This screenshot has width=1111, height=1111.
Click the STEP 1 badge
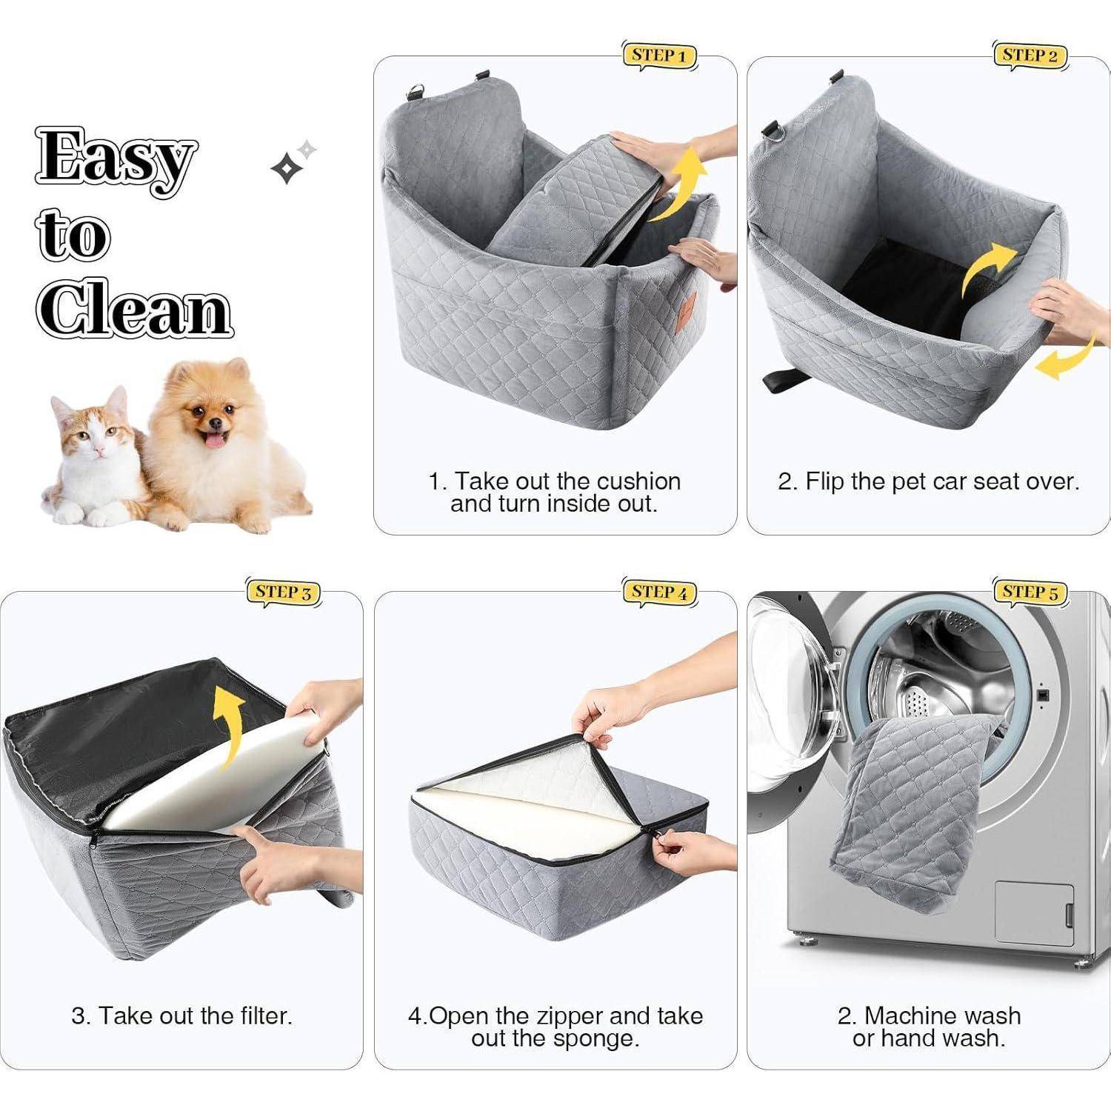click(659, 56)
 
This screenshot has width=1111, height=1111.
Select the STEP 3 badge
click(284, 593)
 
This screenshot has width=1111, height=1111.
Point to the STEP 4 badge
click(659, 593)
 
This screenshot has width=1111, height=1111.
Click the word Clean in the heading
click(134, 309)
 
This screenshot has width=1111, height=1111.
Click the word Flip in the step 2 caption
click(825, 482)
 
